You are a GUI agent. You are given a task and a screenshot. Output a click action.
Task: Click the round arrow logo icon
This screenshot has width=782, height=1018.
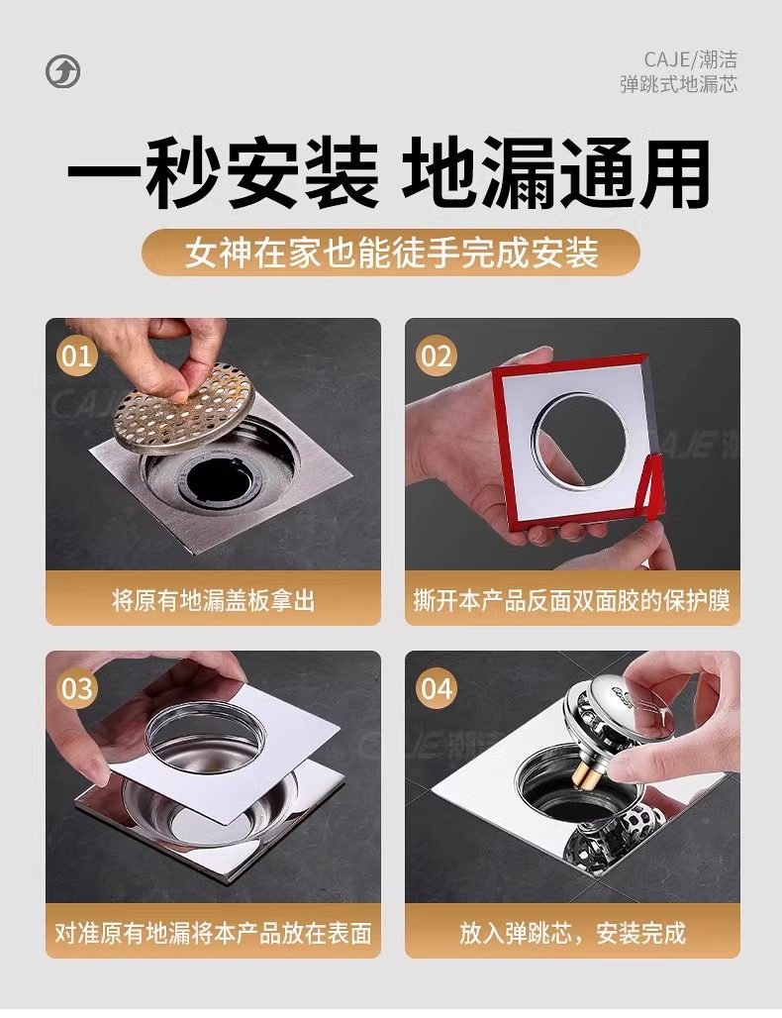point(63,71)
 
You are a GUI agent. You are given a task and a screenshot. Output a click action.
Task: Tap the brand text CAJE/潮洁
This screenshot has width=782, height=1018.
point(691,59)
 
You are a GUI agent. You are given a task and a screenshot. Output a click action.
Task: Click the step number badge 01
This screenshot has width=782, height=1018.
point(76,356)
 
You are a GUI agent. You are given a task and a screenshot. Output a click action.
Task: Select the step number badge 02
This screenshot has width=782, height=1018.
point(437,356)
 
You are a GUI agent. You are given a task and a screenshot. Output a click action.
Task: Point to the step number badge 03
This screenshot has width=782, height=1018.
point(76,688)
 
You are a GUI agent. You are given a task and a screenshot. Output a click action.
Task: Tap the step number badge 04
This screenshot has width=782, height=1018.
point(437,688)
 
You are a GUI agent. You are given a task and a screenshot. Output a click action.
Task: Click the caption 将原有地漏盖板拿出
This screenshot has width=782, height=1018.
point(214,600)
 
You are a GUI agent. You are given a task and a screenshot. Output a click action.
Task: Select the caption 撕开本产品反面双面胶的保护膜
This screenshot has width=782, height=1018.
point(572,600)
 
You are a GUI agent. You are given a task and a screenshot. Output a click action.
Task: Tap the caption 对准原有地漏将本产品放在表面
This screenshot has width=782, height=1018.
point(214,933)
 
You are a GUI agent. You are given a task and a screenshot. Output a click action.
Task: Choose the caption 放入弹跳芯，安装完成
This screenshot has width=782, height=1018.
point(572,933)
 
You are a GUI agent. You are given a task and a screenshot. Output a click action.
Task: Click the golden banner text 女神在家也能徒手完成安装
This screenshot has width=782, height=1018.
point(391,253)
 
